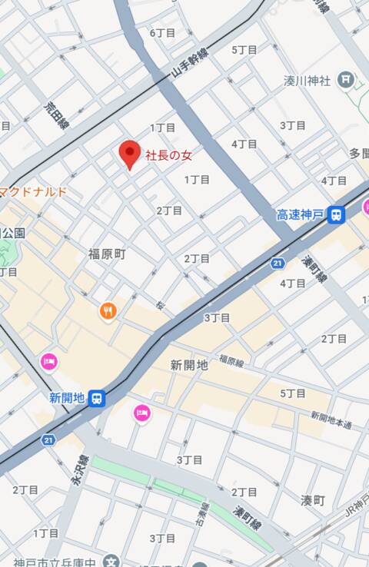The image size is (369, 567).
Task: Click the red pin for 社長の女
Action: point(129,154)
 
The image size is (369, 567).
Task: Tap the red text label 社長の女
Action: point(169,156)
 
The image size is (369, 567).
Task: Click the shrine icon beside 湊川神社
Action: point(347,78)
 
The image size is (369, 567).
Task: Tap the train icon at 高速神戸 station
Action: point(336,215)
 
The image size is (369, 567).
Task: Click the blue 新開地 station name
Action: point(66,398)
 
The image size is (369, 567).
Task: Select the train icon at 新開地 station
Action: point(97,398)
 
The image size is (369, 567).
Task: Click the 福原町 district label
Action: point(106,254)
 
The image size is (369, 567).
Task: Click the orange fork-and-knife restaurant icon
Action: point(108,311)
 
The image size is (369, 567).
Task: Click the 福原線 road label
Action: point(230,360)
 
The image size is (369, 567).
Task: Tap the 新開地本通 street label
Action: point(331,420)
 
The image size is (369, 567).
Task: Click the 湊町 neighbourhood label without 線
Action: point(313,500)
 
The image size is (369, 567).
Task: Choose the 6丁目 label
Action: point(162,33)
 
